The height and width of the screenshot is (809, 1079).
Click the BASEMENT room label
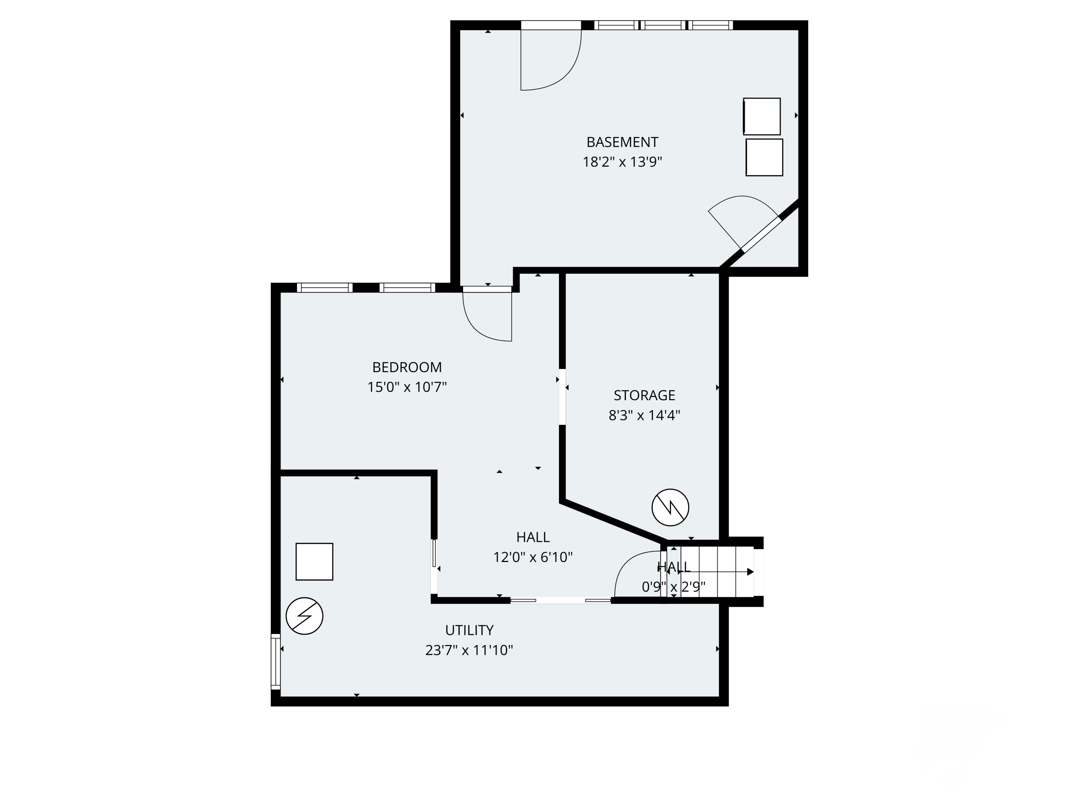622,142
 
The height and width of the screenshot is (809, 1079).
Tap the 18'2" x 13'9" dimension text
622,162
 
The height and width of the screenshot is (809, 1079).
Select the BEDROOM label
407,367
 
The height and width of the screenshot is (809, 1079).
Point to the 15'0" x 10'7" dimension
407,387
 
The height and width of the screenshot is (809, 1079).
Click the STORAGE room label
644,395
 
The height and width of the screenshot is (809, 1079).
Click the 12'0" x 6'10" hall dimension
533,557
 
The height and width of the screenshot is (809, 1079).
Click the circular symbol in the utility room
304,616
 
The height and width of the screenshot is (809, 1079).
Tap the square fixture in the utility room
314,562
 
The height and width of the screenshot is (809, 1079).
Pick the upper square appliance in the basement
761,116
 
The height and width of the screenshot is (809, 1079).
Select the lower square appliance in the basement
764,157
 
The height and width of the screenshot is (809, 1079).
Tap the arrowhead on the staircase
750,572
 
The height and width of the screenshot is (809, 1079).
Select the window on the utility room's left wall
276,661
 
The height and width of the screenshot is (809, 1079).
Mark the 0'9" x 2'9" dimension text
673,587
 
